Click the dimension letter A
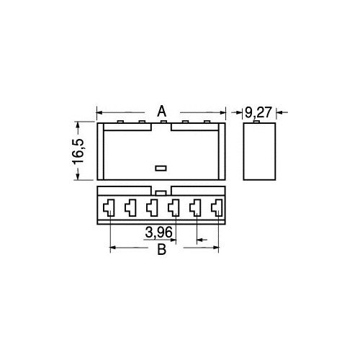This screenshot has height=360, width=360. click(x=162, y=111)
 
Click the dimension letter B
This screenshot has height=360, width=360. click(x=162, y=250)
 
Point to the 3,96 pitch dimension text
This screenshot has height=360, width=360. click(x=158, y=233)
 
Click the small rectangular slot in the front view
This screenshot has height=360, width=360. click(x=161, y=168)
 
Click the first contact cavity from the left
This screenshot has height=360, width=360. click(x=108, y=209)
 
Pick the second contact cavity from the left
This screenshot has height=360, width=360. click(x=130, y=209)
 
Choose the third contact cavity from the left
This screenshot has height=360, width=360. click(x=152, y=209)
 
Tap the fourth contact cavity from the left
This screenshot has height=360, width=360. click(x=174, y=209)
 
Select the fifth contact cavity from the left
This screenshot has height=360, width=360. click(x=195, y=209)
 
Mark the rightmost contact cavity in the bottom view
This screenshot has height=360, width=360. click(x=217, y=209)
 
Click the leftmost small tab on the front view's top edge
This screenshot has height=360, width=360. click(x=118, y=122)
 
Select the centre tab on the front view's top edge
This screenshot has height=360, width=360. click(x=163, y=122)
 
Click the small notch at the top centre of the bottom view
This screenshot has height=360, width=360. click(x=162, y=192)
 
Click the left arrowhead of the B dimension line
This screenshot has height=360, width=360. click(x=112, y=249)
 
